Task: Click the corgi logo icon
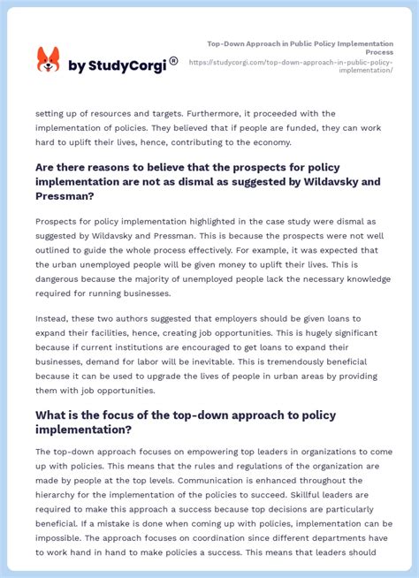point(48,60)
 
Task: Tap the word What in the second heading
point(53,414)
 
